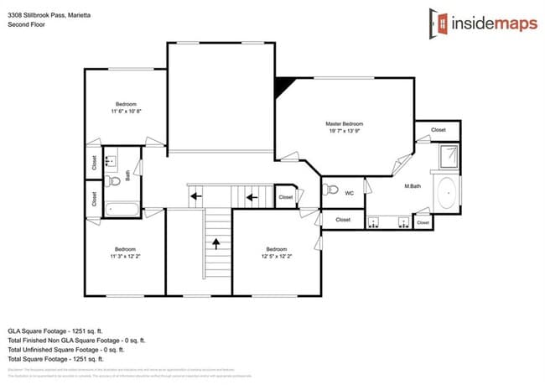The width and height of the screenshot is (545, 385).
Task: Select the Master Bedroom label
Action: [344, 124]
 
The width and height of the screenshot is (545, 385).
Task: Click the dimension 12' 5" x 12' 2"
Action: [277, 256]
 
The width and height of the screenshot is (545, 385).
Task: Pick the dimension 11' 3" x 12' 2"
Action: [126, 256]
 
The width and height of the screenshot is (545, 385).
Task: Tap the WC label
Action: [350, 192]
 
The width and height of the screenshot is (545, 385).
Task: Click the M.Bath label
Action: [412, 186]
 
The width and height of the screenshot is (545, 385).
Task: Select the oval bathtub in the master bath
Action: [448, 193]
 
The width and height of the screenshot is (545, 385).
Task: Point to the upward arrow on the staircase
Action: [217, 243]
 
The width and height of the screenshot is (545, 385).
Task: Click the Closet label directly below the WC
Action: [343, 220]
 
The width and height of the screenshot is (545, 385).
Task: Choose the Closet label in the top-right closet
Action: [438, 130]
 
